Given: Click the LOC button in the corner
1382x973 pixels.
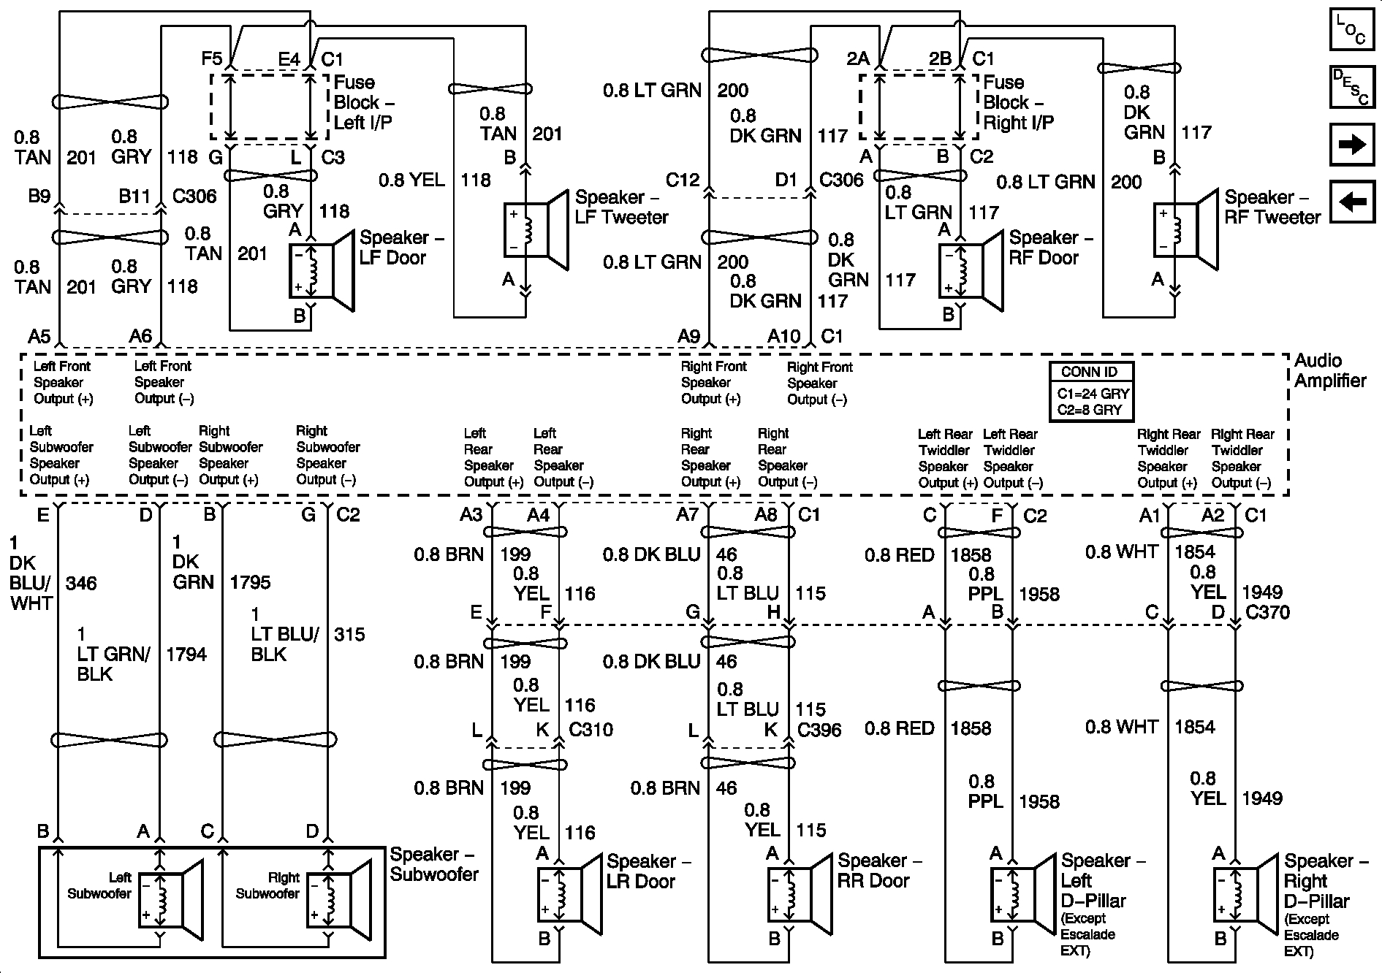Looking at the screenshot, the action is click(1351, 31).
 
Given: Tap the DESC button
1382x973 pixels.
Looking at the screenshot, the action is click(1351, 87).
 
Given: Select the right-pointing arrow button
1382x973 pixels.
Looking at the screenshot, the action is click(1351, 144).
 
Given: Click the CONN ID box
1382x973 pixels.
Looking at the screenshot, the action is click(1090, 392).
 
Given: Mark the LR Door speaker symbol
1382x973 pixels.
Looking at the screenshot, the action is click(569, 893).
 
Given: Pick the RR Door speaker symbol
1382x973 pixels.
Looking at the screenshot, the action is click(800, 893).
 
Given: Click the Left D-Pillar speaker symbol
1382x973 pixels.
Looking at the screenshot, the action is click(1023, 893).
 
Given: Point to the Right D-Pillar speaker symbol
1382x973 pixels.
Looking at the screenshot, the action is click(1247, 893).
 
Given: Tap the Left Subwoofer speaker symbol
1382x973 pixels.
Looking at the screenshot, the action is click(171, 900).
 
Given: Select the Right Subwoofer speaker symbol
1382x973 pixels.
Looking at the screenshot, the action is click(339, 900).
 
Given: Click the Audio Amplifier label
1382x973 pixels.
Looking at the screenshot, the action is click(1330, 370).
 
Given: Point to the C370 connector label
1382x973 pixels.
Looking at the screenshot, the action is click(1267, 612).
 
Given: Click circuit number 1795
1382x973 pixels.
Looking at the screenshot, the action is click(250, 582).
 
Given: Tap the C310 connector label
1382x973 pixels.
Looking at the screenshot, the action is click(591, 729).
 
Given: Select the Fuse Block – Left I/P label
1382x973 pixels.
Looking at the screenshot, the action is click(364, 102).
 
